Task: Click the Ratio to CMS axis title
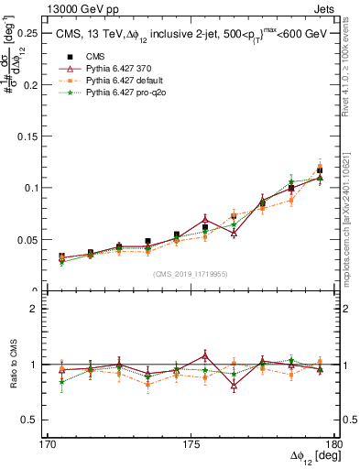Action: tap(13, 365)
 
